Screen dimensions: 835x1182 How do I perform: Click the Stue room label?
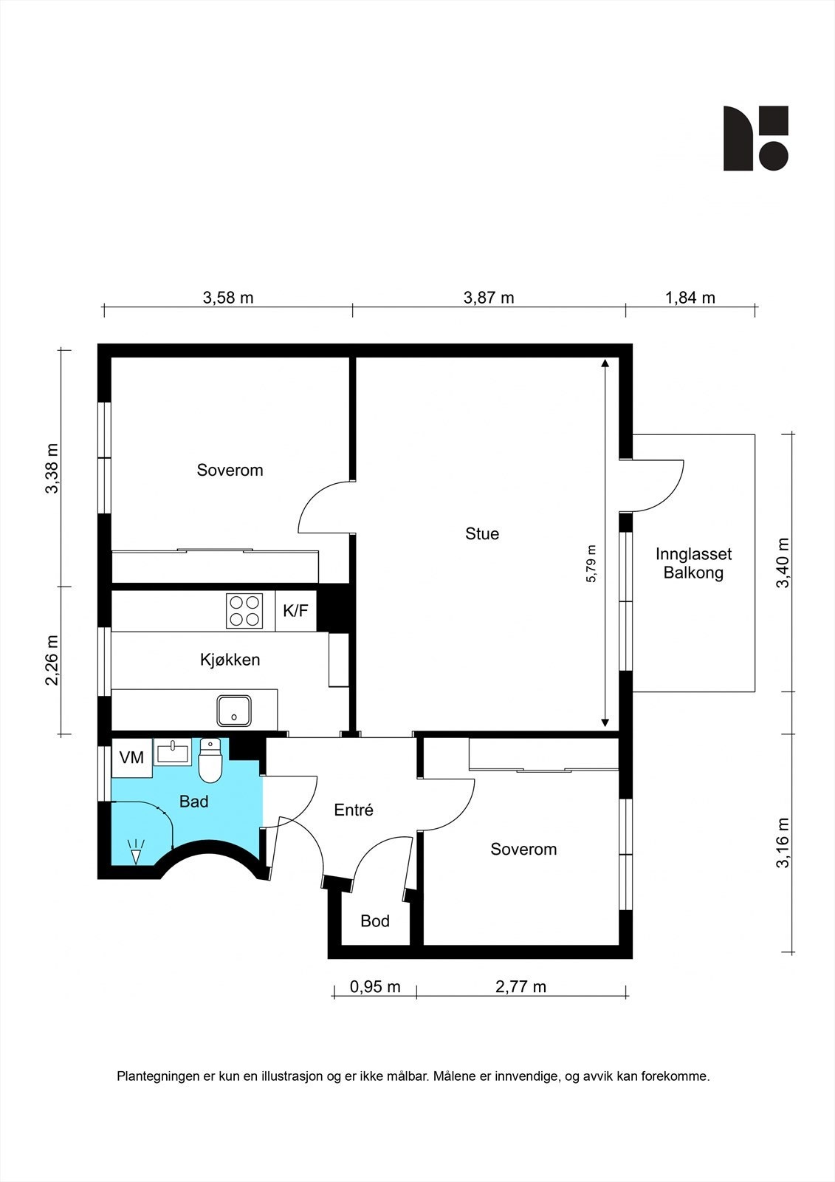pyautogui.click(x=481, y=533)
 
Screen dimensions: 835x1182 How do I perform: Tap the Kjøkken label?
pyautogui.click(x=230, y=660)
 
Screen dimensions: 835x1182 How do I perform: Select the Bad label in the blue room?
pyautogui.click(x=193, y=802)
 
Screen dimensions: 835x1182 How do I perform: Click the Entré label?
pyautogui.click(x=354, y=810)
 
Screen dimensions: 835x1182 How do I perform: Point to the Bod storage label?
pyautogui.click(x=375, y=920)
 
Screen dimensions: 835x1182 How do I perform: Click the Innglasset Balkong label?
pyautogui.click(x=694, y=564)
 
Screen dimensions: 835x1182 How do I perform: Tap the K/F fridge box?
pyautogui.click(x=295, y=611)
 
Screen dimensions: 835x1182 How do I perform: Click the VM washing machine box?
pyautogui.click(x=131, y=757)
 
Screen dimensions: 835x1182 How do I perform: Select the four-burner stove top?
pyautogui.click(x=245, y=611)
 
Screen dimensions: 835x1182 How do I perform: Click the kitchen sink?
pyautogui.click(x=234, y=710)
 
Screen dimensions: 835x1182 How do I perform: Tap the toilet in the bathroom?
pyautogui.click(x=210, y=760)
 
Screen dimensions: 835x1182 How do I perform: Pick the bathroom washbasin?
pyautogui.click(x=173, y=752)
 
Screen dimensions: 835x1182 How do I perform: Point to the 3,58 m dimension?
pyautogui.click(x=228, y=298)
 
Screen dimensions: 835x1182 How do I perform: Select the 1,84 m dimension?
pyautogui.click(x=690, y=298)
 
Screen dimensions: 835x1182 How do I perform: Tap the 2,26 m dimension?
pyautogui.click(x=52, y=660)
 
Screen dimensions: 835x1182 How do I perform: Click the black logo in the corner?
pyautogui.click(x=756, y=138)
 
